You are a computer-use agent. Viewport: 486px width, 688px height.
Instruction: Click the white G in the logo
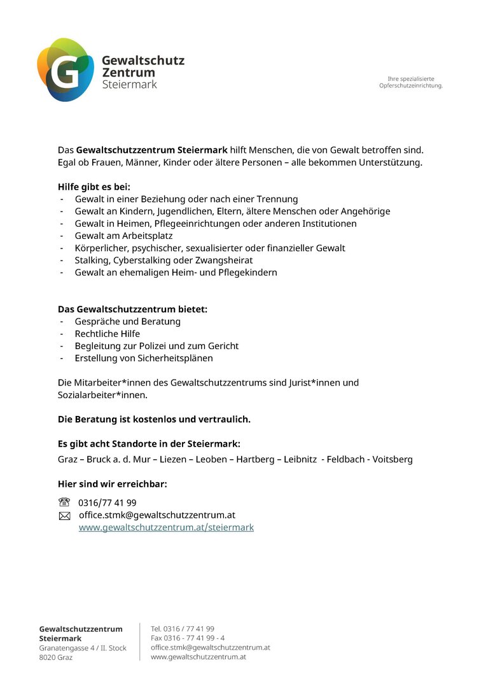(x=64, y=71)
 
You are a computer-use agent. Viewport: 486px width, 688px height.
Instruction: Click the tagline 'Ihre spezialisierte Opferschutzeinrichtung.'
(x=411, y=82)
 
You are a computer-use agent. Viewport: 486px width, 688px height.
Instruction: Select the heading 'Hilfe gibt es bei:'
(x=94, y=187)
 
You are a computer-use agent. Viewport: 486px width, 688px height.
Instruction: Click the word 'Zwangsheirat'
(x=225, y=260)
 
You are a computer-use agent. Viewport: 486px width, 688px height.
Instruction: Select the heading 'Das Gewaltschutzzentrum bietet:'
(x=132, y=309)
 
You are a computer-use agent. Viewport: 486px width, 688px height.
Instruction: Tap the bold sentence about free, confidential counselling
(x=154, y=419)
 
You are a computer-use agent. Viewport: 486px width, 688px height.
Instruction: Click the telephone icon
(x=64, y=502)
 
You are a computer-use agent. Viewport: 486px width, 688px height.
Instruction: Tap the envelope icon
(x=64, y=516)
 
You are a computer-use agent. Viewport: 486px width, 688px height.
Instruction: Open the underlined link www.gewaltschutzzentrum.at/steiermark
(x=166, y=527)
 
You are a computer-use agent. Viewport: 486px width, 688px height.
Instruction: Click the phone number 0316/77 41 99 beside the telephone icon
(x=107, y=503)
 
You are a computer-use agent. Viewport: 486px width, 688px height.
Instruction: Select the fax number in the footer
(x=188, y=638)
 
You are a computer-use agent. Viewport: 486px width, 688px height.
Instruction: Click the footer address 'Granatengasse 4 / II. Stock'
(x=83, y=648)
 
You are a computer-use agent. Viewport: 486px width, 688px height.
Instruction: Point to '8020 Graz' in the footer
(x=56, y=657)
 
